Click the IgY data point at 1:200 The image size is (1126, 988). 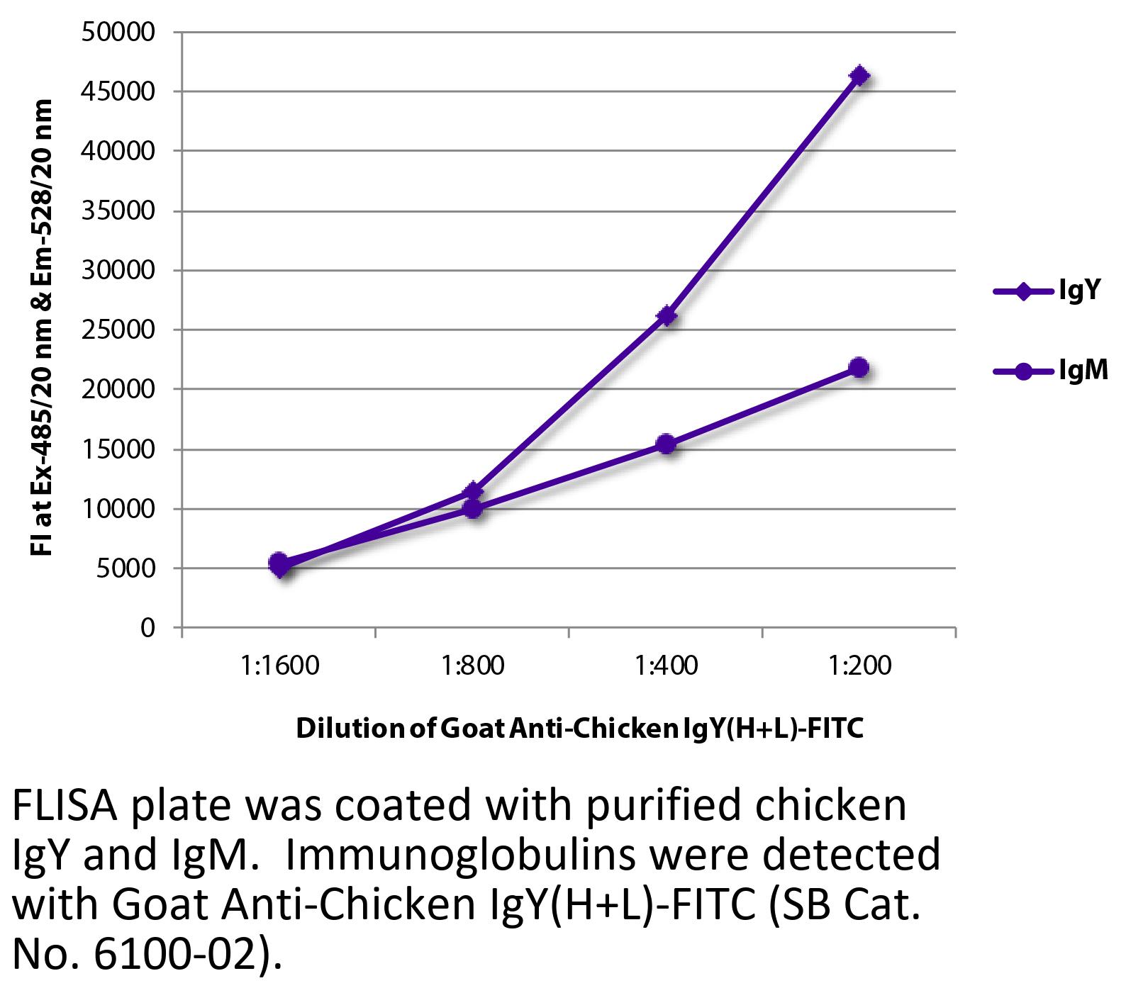coord(859,76)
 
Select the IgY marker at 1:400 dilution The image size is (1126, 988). coord(666,315)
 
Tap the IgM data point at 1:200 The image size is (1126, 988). coord(859,368)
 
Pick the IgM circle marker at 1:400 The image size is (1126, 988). coord(666,444)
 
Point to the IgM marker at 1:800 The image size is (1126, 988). coord(473,508)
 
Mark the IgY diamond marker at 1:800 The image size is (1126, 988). coord(473,491)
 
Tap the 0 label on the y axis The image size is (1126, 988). coord(147,628)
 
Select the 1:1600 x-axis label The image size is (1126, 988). coord(279,667)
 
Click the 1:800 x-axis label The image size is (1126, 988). coord(473,667)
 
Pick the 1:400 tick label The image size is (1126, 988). coord(666,667)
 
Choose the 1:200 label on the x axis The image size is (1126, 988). coord(859,667)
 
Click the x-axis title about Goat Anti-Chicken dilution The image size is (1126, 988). coord(579,729)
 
